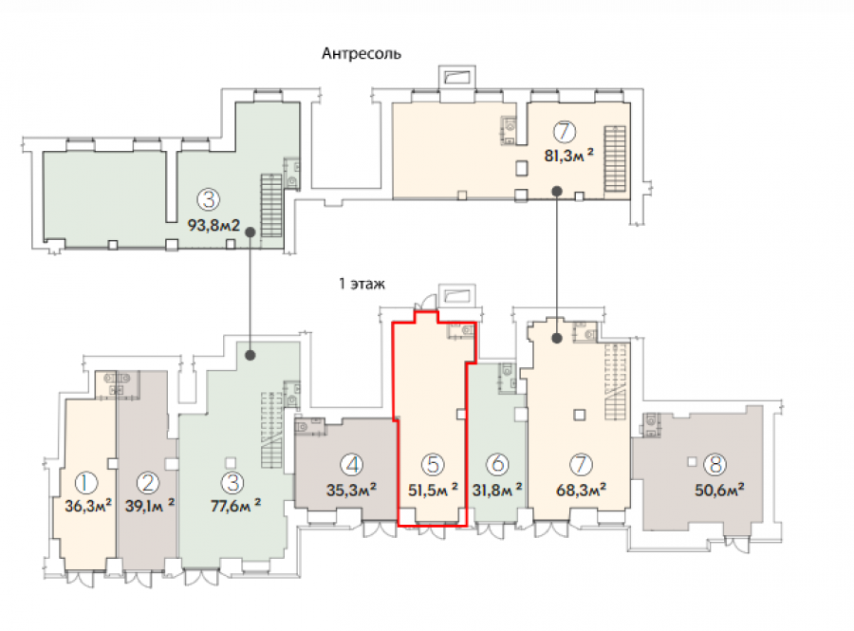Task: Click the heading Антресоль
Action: (x=362, y=53)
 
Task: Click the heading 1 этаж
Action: (x=362, y=284)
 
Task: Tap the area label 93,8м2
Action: (x=213, y=225)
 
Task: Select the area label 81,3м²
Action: (x=568, y=156)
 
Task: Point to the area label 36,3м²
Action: (x=88, y=506)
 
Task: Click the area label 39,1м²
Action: (x=150, y=506)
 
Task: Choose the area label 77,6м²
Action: (x=235, y=506)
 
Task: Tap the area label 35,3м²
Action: (x=351, y=490)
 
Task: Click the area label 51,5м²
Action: (x=433, y=490)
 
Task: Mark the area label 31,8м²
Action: (x=496, y=490)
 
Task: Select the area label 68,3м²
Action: (x=581, y=490)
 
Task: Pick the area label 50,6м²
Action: (x=719, y=490)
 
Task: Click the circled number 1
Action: (x=85, y=483)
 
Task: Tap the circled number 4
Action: (x=351, y=465)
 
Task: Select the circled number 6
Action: (x=496, y=464)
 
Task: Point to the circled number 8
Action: (x=715, y=464)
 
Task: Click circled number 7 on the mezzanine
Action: (x=565, y=132)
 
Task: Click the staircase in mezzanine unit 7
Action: (x=615, y=158)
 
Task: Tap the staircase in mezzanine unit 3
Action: (x=271, y=205)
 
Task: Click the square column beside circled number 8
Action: (x=692, y=462)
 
